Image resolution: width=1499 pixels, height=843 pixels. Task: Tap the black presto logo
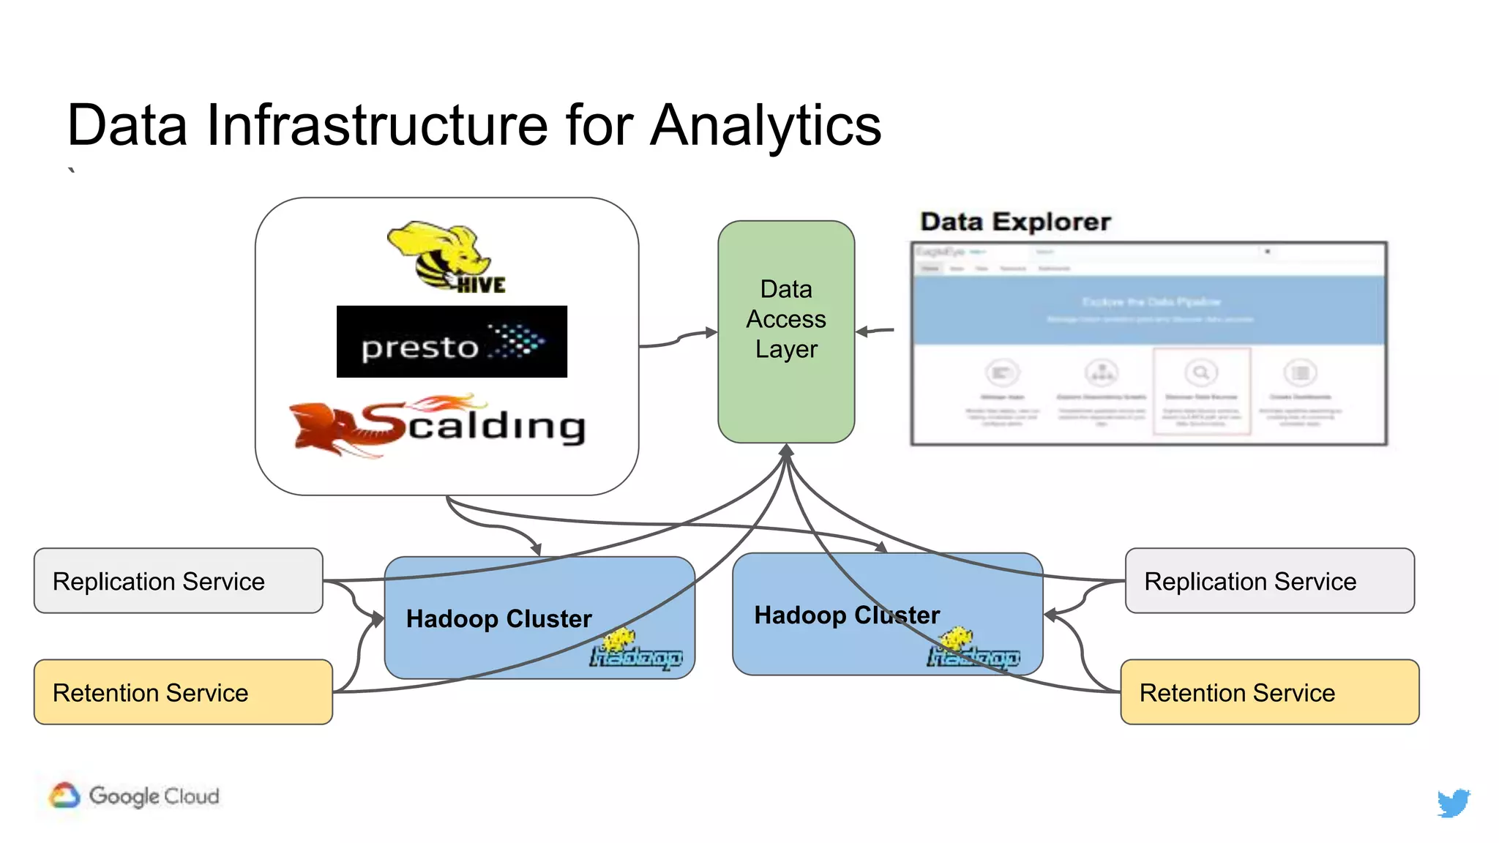(452, 342)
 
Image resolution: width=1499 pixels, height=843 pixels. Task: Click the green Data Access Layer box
(786, 331)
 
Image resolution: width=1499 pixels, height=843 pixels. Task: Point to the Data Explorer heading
(1015, 222)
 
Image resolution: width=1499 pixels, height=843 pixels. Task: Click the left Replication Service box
(178, 581)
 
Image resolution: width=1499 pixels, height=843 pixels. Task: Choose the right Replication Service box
(1269, 581)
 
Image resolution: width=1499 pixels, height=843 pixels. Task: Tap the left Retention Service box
(183, 692)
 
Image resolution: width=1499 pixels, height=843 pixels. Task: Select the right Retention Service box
(1269, 692)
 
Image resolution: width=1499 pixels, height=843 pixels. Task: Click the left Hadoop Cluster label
(498, 619)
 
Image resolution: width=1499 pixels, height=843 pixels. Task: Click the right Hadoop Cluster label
(847, 615)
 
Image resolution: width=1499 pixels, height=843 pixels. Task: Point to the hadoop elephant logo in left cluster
(635, 651)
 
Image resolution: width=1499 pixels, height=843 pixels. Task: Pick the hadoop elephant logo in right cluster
(973, 649)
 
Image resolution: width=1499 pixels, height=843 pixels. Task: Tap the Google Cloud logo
(135, 795)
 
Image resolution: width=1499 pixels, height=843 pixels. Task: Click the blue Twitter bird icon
(1453, 803)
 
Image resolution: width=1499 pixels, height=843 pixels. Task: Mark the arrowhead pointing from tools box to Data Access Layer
(711, 332)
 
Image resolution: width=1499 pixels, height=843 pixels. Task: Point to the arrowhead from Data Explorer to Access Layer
(862, 331)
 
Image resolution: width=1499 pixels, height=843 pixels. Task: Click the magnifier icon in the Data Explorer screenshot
(1200, 372)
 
